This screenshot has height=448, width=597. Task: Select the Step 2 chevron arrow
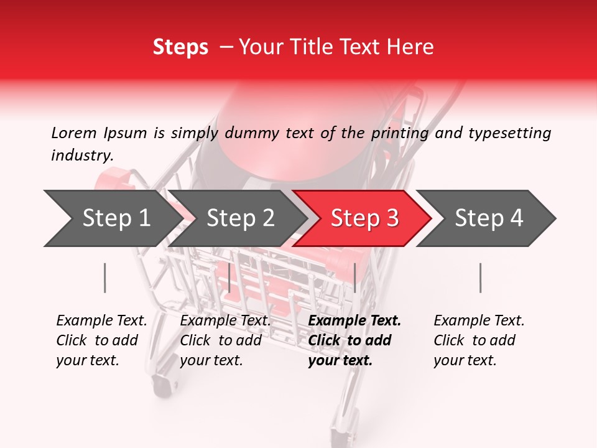click(239, 218)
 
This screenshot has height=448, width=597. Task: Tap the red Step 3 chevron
click(364, 218)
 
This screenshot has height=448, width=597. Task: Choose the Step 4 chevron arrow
click(488, 218)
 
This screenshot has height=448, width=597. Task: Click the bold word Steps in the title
click(180, 47)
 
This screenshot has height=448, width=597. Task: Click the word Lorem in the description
click(74, 133)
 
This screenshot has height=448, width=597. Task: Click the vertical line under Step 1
click(105, 278)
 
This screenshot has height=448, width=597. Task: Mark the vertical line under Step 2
click(229, 278)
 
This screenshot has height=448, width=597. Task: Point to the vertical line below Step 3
click(354, 278)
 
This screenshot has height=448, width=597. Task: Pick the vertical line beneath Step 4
click(480, 278)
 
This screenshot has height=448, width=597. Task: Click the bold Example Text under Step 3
click(354, 321)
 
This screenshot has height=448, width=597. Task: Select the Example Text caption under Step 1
click(101, 321)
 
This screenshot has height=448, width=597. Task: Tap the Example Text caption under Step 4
click(479, 321)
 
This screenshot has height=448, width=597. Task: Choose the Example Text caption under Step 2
click(225, 321)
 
